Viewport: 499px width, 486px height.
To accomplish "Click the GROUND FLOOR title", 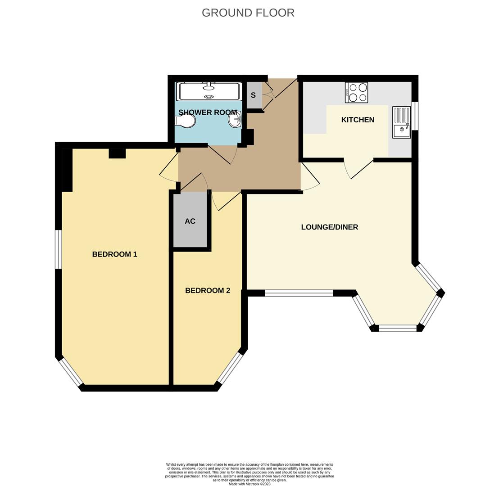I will (x=248, y=13).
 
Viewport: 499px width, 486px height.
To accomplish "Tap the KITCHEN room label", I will (x=358, y=120).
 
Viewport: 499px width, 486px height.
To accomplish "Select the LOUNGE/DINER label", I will (x=329, y=227).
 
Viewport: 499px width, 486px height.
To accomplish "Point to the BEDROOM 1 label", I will (x=114, y=254).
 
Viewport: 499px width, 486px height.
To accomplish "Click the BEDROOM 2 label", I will (x=208, y=291).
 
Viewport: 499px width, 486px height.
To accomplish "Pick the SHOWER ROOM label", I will (x=208, y=112).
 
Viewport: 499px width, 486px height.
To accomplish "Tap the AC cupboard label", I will (x=190, y=221).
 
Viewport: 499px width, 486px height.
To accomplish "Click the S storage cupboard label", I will (x=253, y=95).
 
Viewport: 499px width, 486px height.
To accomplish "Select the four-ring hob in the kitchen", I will (x=357, y=93).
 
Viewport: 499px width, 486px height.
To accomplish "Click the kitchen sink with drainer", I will (x=401, y=122).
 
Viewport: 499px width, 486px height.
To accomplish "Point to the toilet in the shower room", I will (x=186, y=121).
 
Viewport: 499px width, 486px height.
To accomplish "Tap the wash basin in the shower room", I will (x=236, y=120).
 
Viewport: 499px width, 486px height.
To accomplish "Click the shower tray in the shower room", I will (x=209, y=91).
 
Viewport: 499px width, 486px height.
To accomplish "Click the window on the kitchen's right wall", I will (x=415, y=116).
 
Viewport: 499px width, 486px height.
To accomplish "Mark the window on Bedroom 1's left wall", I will (x=58, y=249).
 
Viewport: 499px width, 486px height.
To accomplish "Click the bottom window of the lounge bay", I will (x=398, y=328).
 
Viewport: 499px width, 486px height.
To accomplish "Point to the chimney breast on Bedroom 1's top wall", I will (x=117, y=153).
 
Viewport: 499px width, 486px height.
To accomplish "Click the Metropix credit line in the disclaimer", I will (x=249, y=484).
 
